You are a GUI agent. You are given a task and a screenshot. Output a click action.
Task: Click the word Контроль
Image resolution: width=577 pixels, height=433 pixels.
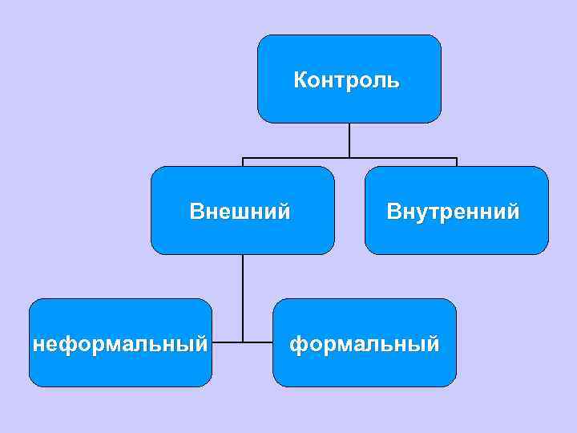tap(346, 80)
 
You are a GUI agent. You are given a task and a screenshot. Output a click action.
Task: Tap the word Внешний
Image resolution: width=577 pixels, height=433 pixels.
tap(240, 212)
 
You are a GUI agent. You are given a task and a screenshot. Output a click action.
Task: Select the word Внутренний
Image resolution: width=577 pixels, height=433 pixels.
tap(453, 212)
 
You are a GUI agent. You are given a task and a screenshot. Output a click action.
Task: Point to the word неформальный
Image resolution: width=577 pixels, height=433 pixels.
tap(120, 344)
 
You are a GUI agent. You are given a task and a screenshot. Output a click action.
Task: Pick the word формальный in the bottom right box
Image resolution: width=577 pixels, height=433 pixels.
tap(365, 344)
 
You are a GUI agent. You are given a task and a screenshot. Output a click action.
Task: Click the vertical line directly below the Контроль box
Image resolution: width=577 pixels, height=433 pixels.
tap(349, 140)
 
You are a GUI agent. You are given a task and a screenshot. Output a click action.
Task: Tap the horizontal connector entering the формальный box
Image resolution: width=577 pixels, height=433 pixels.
tap(258, 342)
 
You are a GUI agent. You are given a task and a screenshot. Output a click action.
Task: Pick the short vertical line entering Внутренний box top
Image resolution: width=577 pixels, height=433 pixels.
tap(456, 162)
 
